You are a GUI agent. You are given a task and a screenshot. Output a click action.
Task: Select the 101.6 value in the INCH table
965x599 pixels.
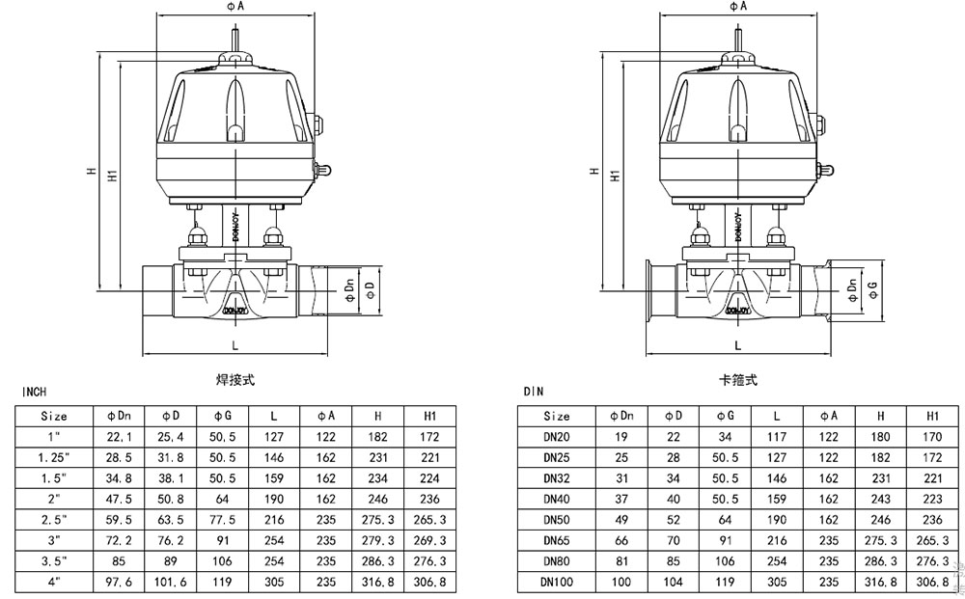pyautogui.click(x=170, y=583)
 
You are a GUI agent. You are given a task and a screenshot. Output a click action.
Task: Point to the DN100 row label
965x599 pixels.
pyautogui.click(x=557, y=583)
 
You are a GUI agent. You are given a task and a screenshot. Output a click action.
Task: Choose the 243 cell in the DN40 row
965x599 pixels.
pyautogui.click(x=879, y=499)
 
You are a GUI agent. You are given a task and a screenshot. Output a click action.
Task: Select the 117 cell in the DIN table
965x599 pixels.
pyautogui.click(x=777, y=437)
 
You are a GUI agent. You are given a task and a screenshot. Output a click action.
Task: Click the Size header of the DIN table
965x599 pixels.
pyautogui.click(x=557, y=417)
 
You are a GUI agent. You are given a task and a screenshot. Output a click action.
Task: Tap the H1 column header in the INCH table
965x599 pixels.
pyautogui.click(x=431, y=417)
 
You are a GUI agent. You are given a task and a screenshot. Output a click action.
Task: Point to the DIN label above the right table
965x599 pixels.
pyautogui.click(x=534, y=393)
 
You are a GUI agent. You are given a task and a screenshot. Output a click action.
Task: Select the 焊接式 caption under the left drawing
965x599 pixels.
pyautogui.click(x=235, y=380)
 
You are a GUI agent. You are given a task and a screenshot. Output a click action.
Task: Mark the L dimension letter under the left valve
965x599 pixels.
pyautogui.click(x=235, y=344)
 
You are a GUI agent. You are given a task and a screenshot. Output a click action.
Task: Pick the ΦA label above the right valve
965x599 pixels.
pyautogui.click(x=738, y=8)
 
